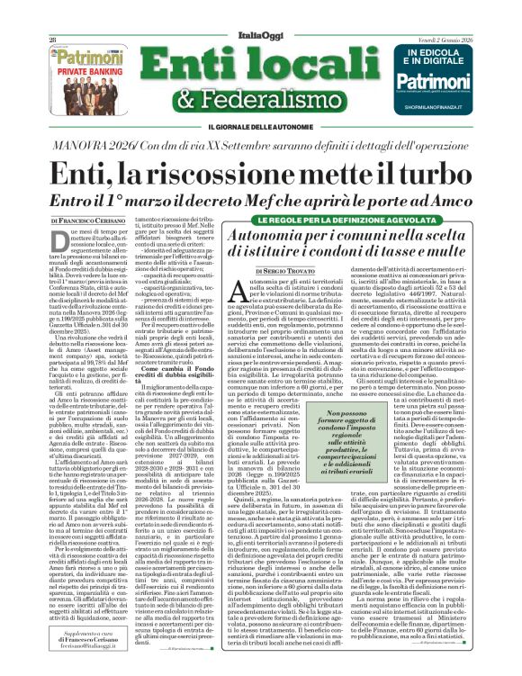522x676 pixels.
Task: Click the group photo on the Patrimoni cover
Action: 86,94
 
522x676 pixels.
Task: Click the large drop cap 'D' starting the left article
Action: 58,241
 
